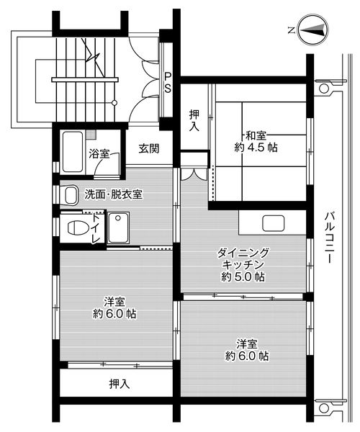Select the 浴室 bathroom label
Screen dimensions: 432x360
click(99, 153)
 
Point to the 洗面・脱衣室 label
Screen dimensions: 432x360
click(113, 194)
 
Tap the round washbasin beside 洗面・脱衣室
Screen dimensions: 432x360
click(70, 194)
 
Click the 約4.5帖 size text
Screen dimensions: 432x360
click(256, 147)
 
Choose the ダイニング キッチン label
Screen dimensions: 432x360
click(244, 258)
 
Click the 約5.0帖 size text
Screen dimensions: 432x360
click(244, 277)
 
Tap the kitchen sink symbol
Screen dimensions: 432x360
click(274, 223)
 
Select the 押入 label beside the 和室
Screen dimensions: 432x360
click(194, 120)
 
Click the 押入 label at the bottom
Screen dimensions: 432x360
click(119, 383)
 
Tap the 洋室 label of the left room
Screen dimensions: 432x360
click(115, 301)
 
